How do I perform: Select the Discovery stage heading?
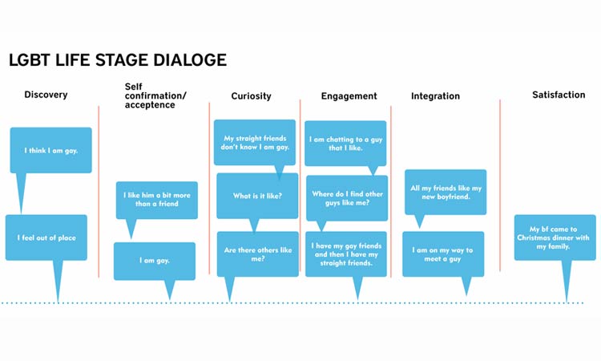[46, 95]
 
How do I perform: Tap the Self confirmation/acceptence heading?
[155, 95]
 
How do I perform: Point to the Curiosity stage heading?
[251, 96]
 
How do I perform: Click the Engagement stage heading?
[349, 96]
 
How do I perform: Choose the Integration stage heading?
[435, 96]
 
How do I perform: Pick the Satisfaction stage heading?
[559, 95]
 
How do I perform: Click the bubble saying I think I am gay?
[50, 150]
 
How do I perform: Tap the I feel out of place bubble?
[46, 237]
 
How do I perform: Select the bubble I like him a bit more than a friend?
[156, 200]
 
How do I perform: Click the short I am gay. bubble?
[154, 261]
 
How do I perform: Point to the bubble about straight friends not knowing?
[256, 143]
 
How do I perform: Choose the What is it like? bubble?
[256, 196]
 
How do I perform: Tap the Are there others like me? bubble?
[256, 254]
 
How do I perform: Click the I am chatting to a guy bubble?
[345, 143]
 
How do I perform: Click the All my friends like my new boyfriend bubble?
[445, 193]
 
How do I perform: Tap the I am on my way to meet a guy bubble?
[442, 254]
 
